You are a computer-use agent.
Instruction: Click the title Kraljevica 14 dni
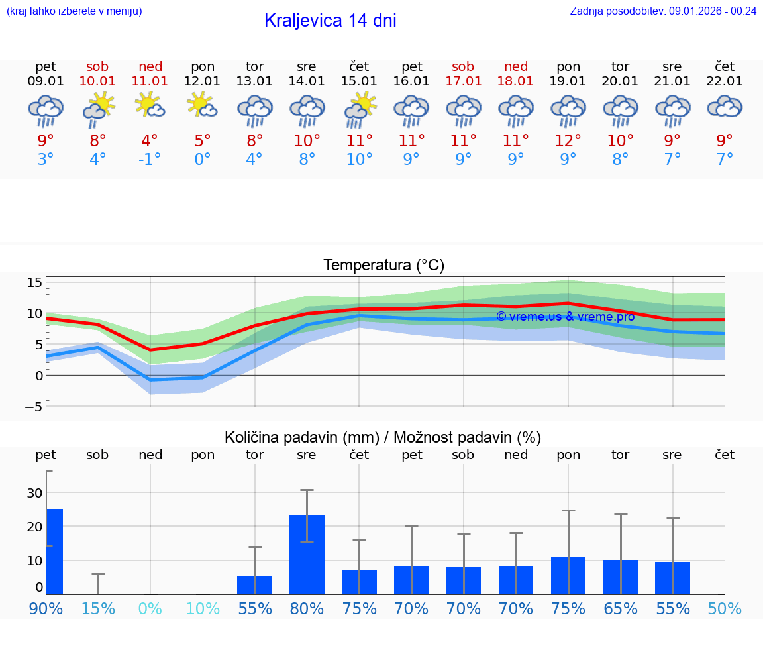click(330, 21)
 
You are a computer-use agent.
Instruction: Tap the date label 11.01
click(150, 81)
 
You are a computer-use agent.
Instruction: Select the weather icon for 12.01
click(202, 106)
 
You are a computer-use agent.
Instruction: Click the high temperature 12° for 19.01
click(568, 141)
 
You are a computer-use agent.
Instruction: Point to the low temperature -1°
click(150, 160)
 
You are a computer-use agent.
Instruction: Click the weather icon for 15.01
click(359, 109)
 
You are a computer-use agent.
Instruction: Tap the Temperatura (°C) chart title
click(383, 266)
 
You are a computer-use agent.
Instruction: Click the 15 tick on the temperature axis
click(34, 283)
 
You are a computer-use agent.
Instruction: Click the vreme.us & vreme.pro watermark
click(565, 317)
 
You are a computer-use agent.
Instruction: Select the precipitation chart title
click(383, 437)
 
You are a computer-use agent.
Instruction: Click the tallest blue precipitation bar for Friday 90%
click(54, 551)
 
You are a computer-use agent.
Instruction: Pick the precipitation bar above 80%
click(307, 555)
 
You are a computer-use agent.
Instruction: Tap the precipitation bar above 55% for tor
click(254, 585)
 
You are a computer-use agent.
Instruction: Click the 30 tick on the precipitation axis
click(34, 493)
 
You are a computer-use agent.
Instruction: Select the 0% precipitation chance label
click(150, 608)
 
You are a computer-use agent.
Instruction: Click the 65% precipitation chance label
click(620, 608)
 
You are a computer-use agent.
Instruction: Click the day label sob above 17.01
click(463, 66)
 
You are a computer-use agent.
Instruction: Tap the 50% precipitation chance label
click(725, 608)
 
